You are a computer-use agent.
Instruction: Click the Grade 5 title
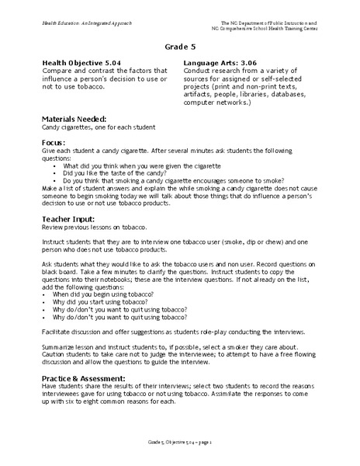point(180,45)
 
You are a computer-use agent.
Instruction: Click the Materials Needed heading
point(74,118)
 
